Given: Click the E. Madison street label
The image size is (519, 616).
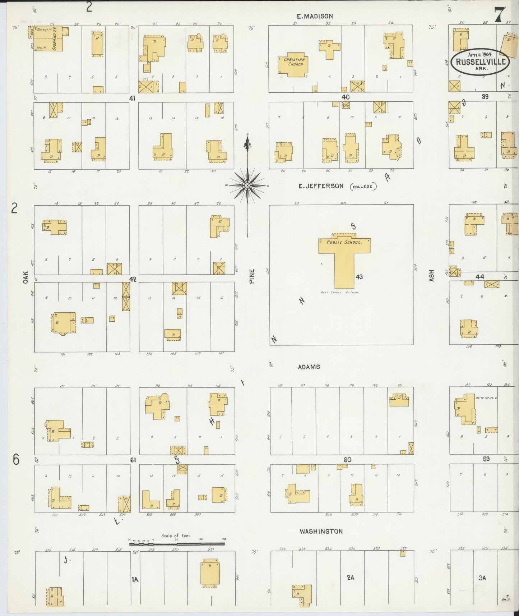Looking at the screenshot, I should point(315,16).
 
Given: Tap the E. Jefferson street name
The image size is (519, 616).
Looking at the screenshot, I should point(321,186).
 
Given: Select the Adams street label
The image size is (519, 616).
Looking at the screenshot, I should point(309,367).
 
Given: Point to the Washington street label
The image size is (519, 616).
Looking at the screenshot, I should point(321,531).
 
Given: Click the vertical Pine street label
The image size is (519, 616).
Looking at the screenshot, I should point(252,276).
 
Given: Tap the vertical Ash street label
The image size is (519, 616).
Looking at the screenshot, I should point(431,276).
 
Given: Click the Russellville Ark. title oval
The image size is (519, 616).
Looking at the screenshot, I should point(481,61).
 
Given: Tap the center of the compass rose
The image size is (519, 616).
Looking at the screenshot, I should point(247,185).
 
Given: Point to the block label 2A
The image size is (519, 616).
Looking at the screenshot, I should point(350,578).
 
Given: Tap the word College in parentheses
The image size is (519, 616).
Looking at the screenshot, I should point(364,187).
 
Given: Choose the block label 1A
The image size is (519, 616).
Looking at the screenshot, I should point(135,579).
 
